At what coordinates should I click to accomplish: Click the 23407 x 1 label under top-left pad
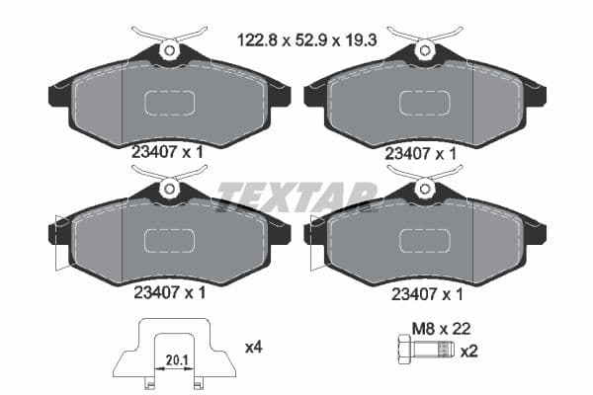tap(169, 153)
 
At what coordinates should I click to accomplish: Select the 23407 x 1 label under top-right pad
tap(420, 153)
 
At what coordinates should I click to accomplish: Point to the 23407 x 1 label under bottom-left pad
tap(169, 292)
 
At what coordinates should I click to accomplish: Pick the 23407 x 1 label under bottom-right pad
tap(428, 292)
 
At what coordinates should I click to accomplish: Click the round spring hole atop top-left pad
tap(169, 48)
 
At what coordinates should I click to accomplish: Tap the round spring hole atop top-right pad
tap(425, 48)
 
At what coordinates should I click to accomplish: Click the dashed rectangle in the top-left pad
tap(170, 103)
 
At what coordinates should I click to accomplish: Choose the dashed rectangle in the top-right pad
tap(424, 103)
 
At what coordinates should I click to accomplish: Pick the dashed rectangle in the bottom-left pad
tap(170, 241)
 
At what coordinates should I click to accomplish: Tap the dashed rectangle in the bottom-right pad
tap(424, 241)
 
